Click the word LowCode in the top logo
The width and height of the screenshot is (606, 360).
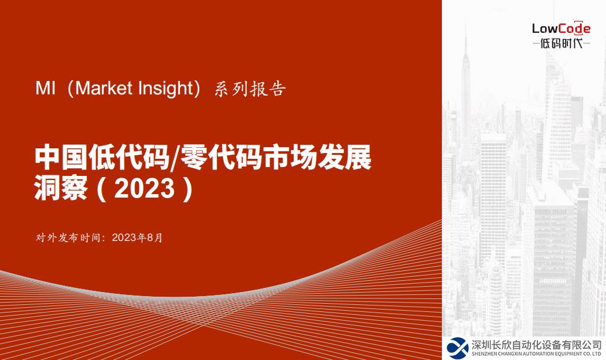561,28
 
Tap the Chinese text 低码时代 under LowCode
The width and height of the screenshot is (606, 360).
561,44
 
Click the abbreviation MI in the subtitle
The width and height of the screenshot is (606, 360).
45,89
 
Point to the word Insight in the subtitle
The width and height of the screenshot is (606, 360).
165,89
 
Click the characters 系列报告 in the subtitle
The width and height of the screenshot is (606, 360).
250,89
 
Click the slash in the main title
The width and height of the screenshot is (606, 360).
173,158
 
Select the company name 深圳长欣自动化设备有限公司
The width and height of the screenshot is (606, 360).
536,345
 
